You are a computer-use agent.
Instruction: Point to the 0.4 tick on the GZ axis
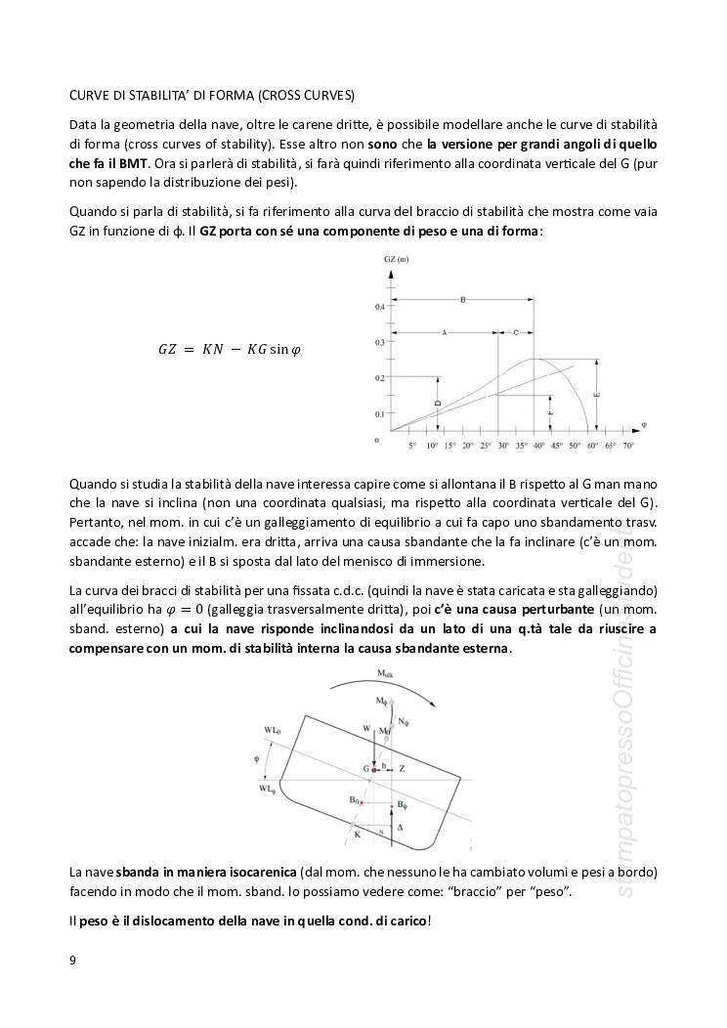click(x=379, y=307)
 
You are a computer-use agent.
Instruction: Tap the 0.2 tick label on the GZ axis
click(x=379, y=378)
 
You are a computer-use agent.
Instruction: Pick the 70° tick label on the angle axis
click(x=628, y=446)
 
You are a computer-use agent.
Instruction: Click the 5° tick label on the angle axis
click(x=412, y=446)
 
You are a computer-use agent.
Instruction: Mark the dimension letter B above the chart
click(x=462, y=299)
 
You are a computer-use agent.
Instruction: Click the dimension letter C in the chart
click(x=515, y=332)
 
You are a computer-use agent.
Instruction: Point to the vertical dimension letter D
click(x=438, y=402)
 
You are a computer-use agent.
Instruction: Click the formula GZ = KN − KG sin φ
click(x=230, y=349)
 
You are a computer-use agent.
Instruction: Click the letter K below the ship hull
click(x=357, y=834)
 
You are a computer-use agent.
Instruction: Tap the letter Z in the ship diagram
click(x=402, y=769)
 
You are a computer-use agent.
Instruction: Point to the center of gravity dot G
click(x=374, y=770)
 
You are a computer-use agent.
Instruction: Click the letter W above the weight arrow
click(x=366, y=728)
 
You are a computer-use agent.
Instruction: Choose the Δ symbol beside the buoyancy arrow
click(x=399, y=826)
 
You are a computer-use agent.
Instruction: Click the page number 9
click(x=72, y=960)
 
